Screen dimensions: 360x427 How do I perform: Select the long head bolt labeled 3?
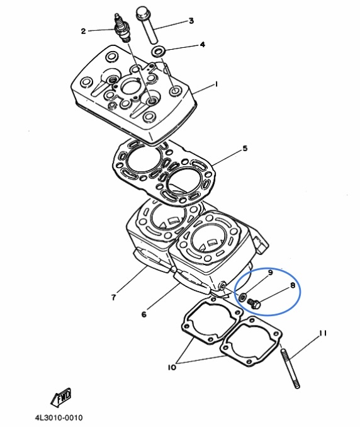pos(147,25)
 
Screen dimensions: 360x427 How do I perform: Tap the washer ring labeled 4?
pos(158,51)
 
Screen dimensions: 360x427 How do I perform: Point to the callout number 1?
pos(217,84)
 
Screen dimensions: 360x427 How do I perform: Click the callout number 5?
pos(245,149)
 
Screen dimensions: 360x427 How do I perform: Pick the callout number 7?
pos(113,297)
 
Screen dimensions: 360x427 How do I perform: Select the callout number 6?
pos(143,314)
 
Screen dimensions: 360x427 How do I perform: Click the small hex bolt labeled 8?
pos(254,304)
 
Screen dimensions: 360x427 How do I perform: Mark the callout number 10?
pos(172,367)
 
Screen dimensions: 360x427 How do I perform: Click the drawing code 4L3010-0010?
pos(59,418)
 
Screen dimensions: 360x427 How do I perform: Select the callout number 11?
pos(323,333)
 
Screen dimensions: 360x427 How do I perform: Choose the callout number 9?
pos(270,273)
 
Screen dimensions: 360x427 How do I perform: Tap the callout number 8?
pos(293,285)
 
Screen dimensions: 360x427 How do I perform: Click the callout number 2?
pos(83,31)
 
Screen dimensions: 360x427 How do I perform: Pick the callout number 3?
pos(191,21)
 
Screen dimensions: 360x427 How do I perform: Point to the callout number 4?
pos(203,44)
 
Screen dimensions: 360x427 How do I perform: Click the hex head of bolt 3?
pos(142,14)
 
